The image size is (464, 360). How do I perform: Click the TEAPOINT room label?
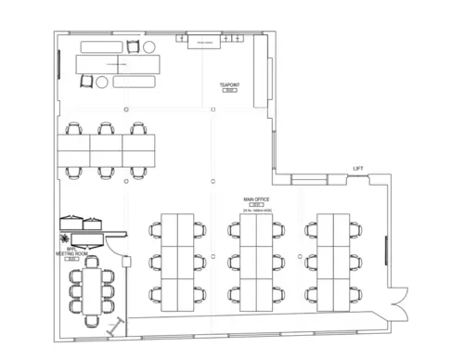click(x=229, y=84)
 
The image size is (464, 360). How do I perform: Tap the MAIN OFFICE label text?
click(x=255, y=199)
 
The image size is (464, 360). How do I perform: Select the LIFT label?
click(x=358, y=168)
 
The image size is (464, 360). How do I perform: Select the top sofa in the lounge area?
click(x=93, y=45)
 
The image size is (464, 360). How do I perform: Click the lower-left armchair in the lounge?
click(x=85, y=82)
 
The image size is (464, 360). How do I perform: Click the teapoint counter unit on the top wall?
click(x=203, y=42)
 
